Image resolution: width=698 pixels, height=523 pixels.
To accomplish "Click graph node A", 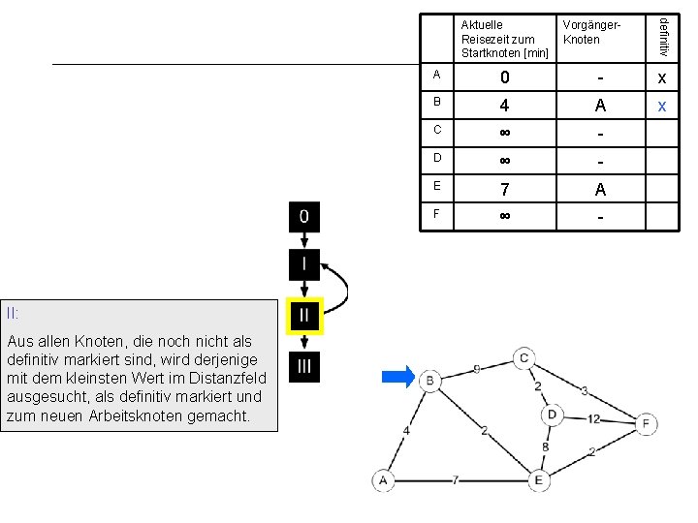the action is coord(383,480).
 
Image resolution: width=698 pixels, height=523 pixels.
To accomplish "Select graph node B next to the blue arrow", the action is coord(430,381).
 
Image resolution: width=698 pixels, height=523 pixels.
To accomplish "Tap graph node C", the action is coord(523,358).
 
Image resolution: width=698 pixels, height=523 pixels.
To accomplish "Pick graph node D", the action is coord(552,415).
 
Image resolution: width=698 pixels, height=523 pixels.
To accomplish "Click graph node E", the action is coord(539,480).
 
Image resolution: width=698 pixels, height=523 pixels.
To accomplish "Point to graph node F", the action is coord(646,424).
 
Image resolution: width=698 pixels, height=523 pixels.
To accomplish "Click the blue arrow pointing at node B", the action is coord(398,377).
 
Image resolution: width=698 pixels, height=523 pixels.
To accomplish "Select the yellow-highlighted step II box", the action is coord(304,316).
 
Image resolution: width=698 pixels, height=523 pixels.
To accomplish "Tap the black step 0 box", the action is coord(304,217).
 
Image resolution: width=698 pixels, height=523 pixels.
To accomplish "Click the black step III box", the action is coord(304,367).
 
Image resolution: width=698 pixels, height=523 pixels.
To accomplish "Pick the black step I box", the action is coord(304,265).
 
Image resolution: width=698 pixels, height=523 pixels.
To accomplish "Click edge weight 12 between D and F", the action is coord(593,419).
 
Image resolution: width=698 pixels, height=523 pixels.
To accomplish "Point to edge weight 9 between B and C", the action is coord(477,369).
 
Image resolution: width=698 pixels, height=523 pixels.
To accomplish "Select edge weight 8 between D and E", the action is coord(545,446).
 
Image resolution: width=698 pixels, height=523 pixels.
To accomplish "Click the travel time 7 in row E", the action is coord(504,190).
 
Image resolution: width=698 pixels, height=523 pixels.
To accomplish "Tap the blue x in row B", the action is coord(662,107).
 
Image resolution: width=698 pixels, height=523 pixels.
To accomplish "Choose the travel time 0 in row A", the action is coord(505,77).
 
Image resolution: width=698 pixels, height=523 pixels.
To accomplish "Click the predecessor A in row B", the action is coord(600,106).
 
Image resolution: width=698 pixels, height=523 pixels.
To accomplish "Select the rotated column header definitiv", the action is coord(663,38).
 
